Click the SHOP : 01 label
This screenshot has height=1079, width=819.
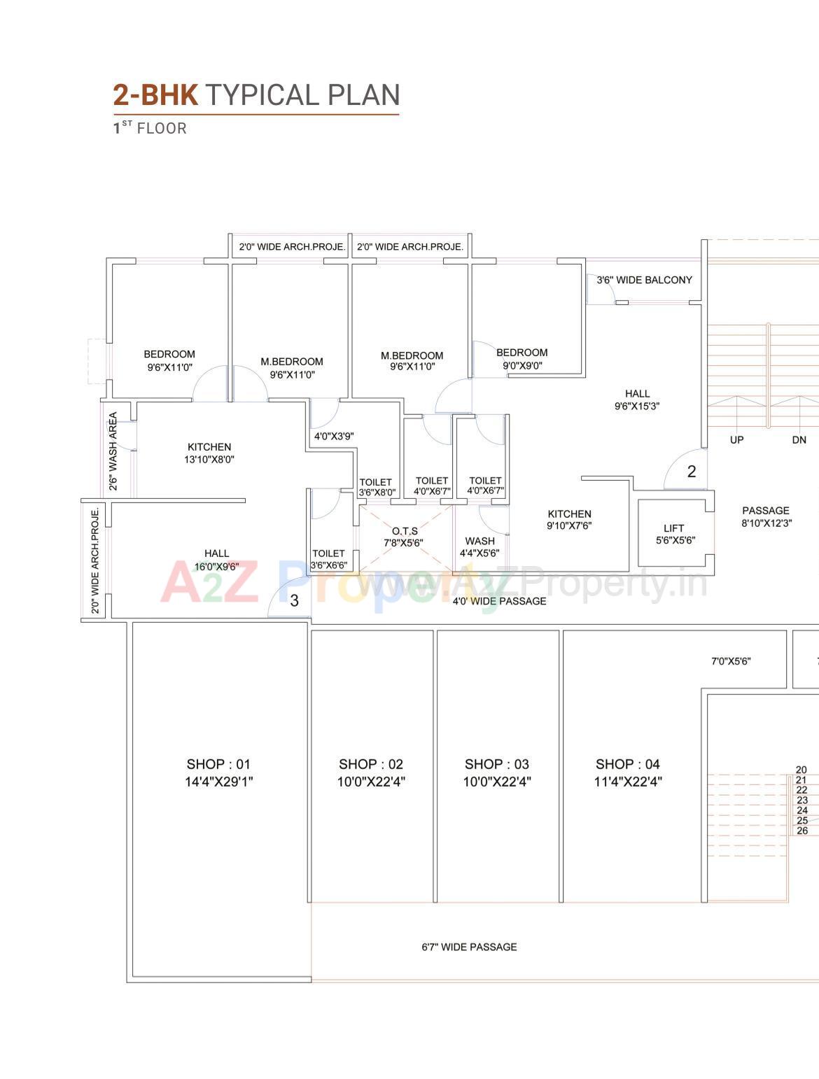point(218,764)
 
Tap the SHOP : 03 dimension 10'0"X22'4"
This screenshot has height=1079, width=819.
point(496,782)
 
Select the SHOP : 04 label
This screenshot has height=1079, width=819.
point(627,764)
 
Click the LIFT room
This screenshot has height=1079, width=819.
point(673,533)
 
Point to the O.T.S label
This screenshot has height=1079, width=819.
point(405,531)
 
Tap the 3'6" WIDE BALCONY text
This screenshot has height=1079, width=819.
point(644,280)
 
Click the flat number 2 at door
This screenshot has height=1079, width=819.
point(692,472)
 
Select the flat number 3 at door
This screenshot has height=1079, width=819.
point(294,600)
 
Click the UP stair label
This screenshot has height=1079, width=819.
point(736,439)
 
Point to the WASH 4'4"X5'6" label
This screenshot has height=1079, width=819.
point(479,546)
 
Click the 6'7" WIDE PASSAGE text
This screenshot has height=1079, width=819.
point(469,947)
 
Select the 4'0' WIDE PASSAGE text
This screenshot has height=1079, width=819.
point(499,600)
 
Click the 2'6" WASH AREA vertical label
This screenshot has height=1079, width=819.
point(113,451)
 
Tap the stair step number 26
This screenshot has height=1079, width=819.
point(802,831)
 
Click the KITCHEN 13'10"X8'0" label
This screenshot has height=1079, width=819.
point(209,453)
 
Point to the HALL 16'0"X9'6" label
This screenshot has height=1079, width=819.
point(216,560)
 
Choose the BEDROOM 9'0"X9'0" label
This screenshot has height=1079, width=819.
point(522,358)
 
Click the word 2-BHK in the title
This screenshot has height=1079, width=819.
point(156,95)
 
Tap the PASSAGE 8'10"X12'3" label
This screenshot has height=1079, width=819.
point(766,516)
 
